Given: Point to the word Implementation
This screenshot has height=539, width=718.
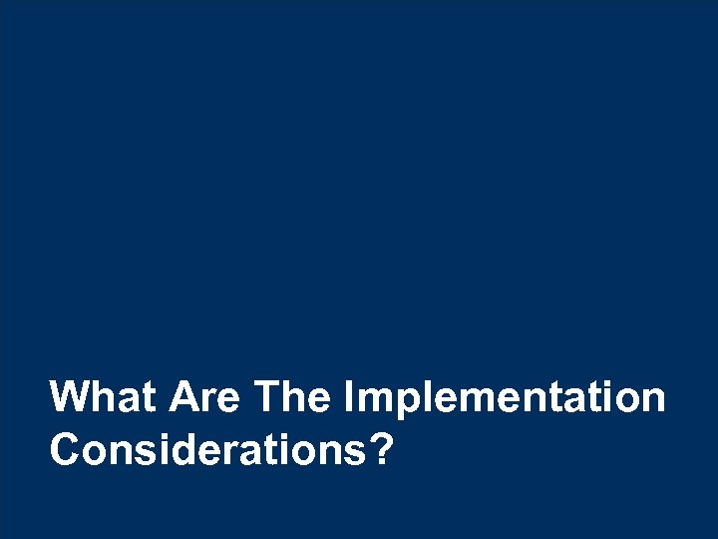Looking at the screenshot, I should (x=504, y=397).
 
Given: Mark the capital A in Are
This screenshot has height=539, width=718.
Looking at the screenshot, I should (x=184, y=397).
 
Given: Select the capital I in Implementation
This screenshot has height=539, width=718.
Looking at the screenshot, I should (x=349, y=397).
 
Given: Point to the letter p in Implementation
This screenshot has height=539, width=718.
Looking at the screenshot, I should (x=400, y=401).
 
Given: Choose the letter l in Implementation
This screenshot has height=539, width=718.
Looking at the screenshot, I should (x=419, y=397).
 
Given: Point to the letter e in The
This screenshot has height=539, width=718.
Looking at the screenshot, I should (x=319, y=401).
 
